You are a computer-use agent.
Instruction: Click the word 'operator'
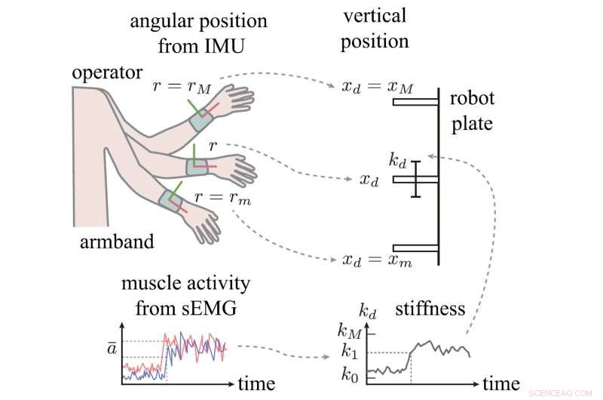[107, 73]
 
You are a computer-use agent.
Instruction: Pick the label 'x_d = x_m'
[377, 260]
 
